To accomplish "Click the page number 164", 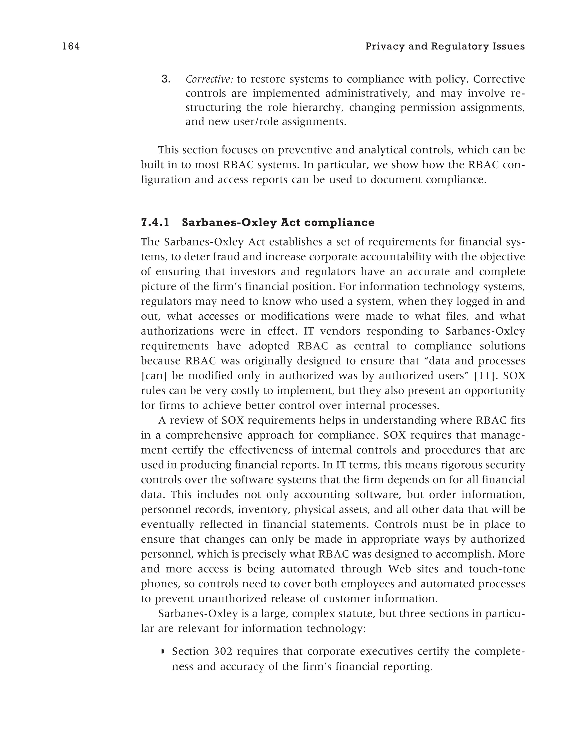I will point(71,46).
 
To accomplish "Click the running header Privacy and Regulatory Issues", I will point(445,46).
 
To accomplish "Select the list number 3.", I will point(166,79).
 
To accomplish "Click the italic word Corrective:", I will point(209,79).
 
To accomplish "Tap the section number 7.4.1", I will point(155,223).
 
